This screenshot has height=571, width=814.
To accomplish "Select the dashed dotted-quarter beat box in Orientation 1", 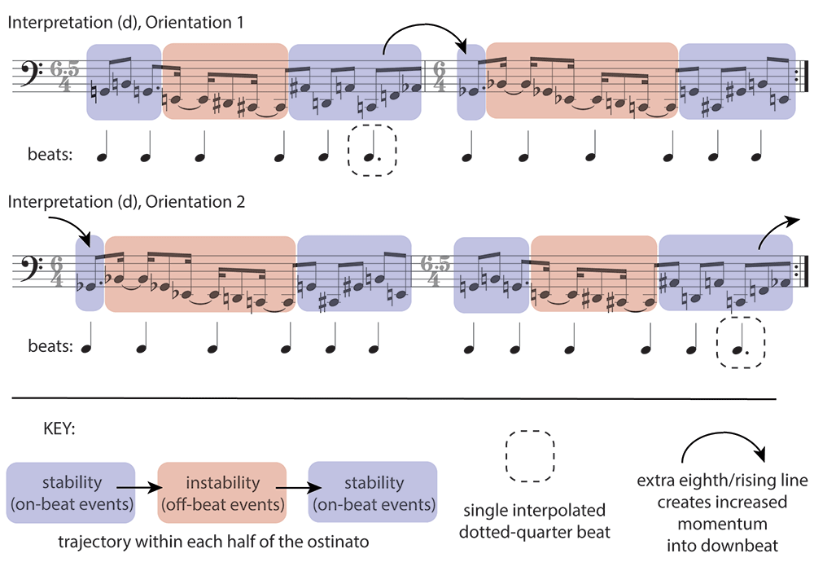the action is (372, 150).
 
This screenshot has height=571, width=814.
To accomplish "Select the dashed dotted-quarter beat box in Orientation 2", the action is (741, 342).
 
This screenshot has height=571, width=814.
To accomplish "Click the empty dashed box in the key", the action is (530, 456).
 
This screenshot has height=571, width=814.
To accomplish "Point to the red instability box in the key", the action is (222, 492).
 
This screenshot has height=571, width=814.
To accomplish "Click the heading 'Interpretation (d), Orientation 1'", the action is (125, 23).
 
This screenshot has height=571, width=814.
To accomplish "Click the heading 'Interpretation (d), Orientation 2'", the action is (126, 201).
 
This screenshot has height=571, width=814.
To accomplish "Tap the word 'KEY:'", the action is (59, 428).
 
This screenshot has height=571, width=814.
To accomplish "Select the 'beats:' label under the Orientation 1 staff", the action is (50, 154).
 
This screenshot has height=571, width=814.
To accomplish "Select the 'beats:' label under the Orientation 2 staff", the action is (50, 345).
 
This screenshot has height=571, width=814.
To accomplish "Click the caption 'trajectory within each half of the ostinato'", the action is (213, 542).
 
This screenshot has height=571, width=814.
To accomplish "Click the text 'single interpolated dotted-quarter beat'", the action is (534, 521).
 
